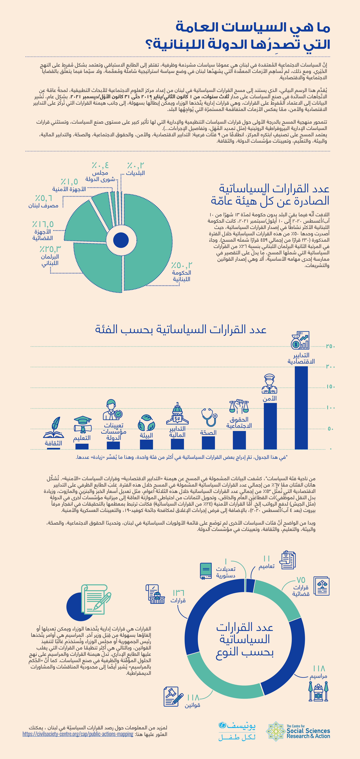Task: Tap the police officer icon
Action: (269, 384)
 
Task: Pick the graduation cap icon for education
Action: (82, 424)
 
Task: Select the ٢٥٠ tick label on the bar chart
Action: (331, 346)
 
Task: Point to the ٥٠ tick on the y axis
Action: (331, 429)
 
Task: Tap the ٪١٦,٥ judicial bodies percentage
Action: (43, 224)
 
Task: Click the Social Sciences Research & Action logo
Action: (298, 731)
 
